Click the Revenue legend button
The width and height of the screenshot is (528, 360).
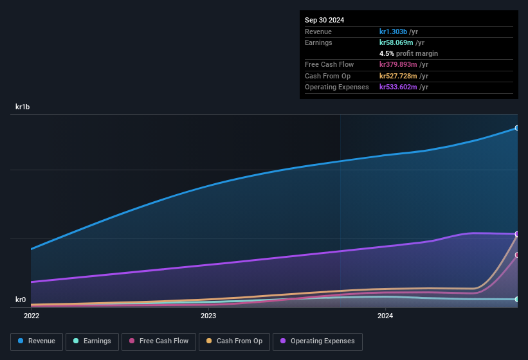[37, 341]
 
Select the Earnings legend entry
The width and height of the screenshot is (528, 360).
[93, 341]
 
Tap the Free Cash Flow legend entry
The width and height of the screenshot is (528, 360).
[159, 341]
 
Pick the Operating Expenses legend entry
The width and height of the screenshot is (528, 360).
[318, 341]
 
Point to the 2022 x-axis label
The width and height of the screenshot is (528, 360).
[32, 316]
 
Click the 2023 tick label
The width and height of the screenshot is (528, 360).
[208, 316]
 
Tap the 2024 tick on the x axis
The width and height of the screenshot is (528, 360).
[385, 316]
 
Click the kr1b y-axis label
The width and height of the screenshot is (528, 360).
[24, 107]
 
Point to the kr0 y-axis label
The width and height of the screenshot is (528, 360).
[21, 300]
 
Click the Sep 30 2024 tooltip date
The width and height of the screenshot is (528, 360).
[324, 20]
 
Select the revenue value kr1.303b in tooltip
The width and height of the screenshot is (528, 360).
[394, 32]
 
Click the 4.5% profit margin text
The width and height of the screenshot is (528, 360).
[408, 53]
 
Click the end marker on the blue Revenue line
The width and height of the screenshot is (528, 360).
[516, 128]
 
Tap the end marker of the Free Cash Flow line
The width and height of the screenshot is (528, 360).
[516, 255]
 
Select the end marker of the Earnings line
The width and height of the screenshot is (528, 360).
[516, 300]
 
